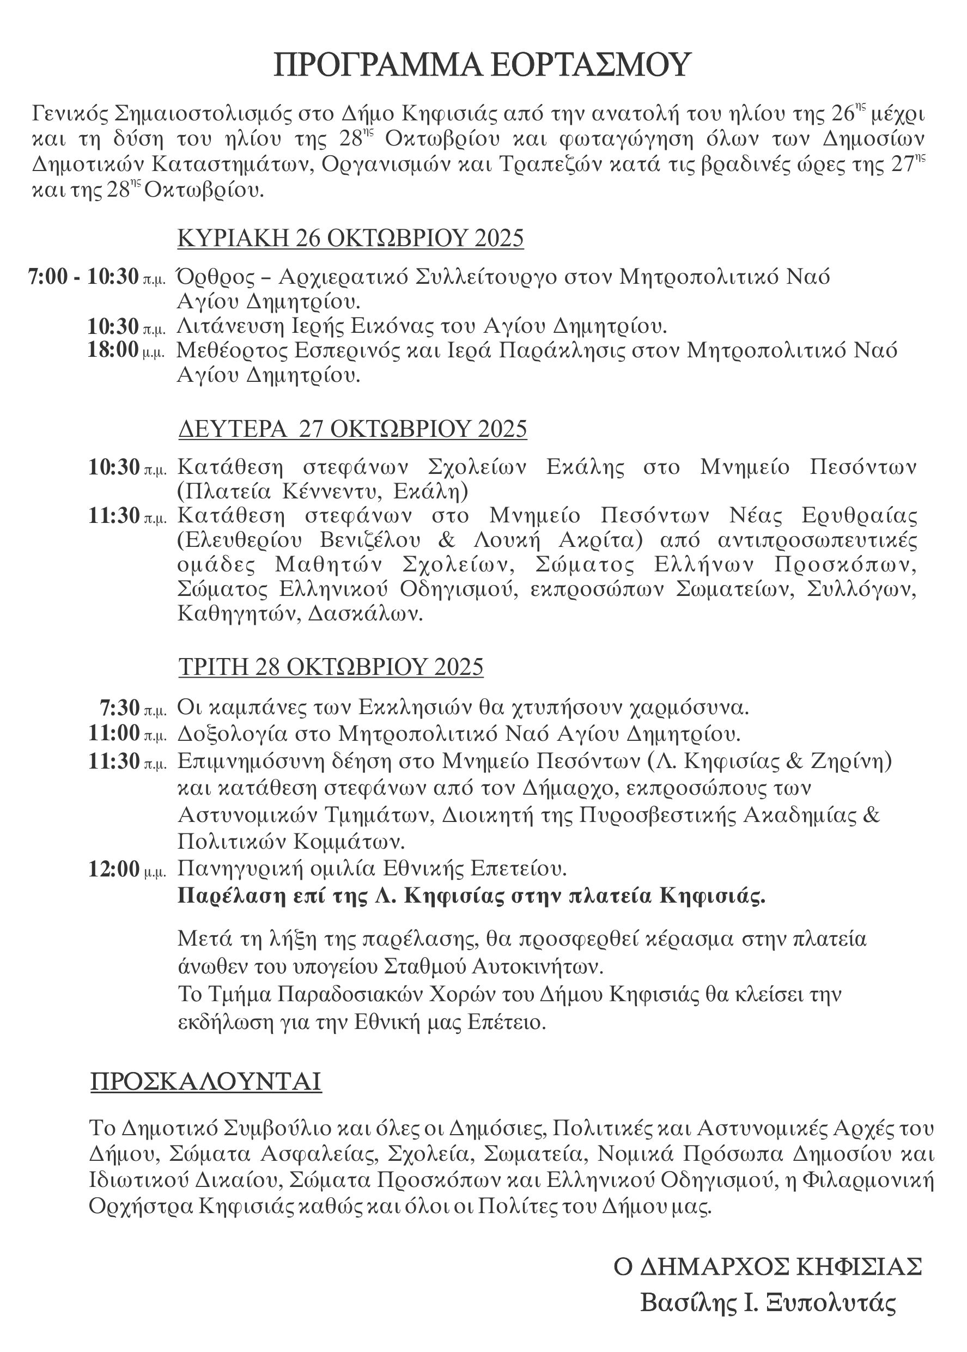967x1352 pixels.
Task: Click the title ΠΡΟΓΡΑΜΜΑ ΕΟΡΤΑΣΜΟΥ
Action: tap(482, 65)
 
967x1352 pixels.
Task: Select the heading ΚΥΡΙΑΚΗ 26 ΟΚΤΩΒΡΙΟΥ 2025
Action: tap(350, 238)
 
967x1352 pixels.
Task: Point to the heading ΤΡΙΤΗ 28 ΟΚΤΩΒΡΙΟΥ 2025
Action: tap(331, 667)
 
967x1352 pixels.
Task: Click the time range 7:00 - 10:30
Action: tap(83, 277)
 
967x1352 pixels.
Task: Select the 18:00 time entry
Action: tap(113, 350)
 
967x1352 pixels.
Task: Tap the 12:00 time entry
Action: tap(114, 869)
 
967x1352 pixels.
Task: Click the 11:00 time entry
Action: tap(114, 733)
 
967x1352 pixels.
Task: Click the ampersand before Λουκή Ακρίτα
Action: tap(447, 540)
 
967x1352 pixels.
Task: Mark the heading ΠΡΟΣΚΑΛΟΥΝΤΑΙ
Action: tap(205, 1082)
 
